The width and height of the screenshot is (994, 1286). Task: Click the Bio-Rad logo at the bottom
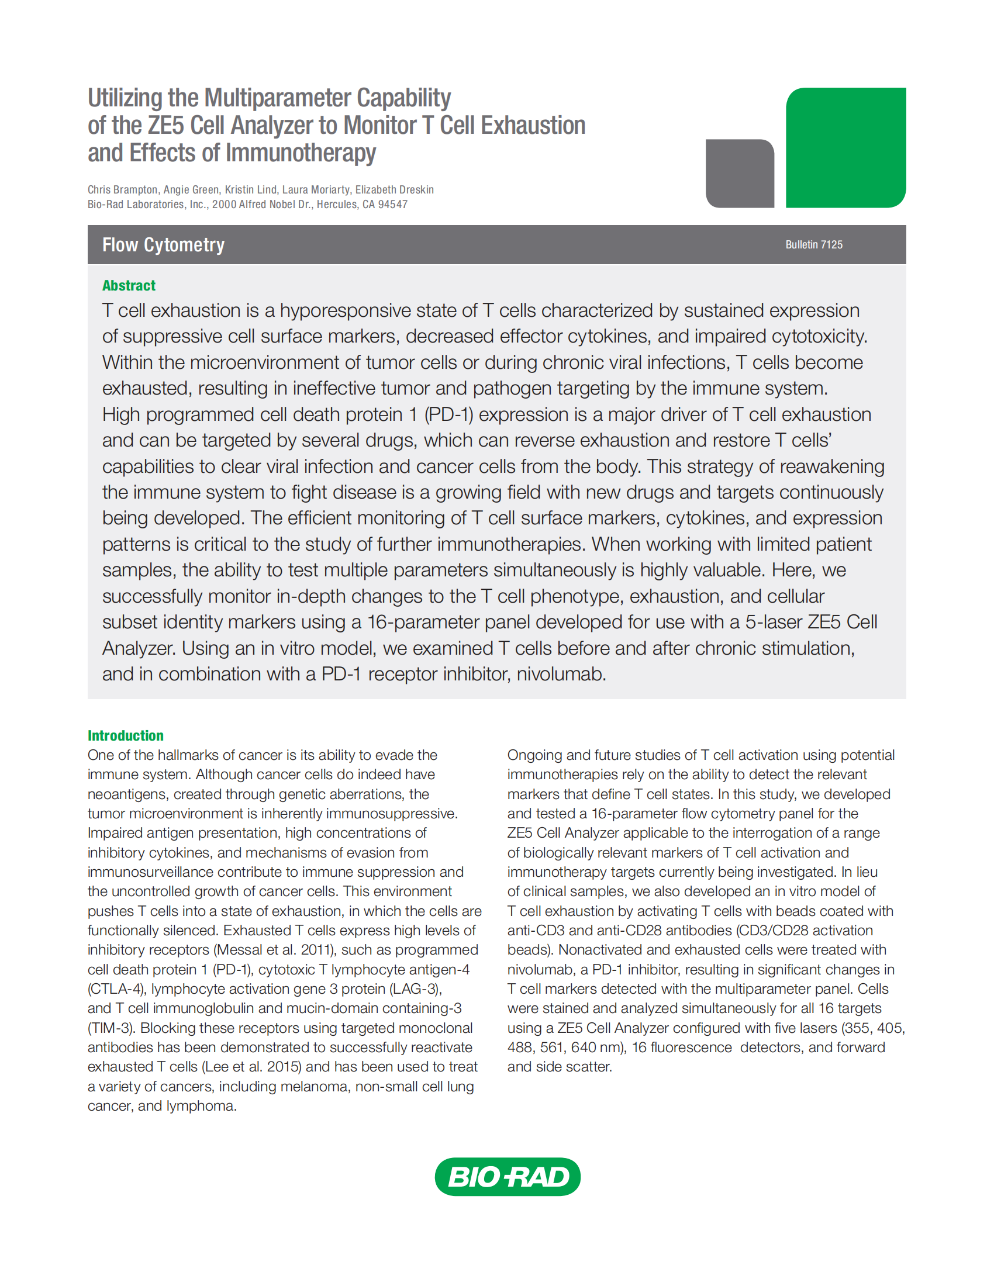coord(507,1177)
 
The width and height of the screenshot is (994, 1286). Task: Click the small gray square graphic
coord(740,173)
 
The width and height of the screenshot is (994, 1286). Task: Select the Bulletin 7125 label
coord(813,244)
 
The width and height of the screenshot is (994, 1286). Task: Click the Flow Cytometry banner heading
coord(163,244)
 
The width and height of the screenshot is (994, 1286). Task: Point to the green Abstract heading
coord(129,286)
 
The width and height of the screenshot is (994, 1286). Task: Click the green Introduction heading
coord(126,735)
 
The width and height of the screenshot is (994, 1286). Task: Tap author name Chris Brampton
coord(122,189)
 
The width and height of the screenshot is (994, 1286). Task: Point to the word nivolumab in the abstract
coord(561,673)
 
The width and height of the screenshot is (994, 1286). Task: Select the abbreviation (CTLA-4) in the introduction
coord(115,988)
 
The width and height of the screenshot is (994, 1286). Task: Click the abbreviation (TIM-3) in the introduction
coord(110,1028)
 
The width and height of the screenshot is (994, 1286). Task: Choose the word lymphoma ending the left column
coord(201,1106)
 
